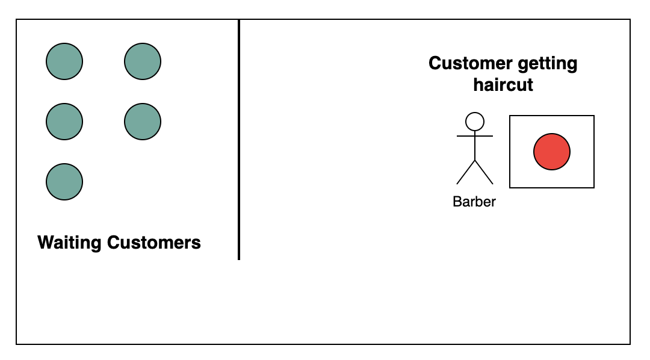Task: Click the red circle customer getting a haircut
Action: [x=551, y=151]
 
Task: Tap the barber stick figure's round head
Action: [x=475, y=122]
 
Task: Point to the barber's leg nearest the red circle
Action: [x=484, y=173]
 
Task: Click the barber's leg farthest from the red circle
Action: [x=465, y=173]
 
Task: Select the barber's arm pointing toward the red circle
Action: [x=484, y=136]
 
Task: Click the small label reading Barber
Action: [x=474, y=202]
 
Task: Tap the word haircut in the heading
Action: [x=503, y=84]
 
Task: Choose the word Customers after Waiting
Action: [x=154, y=243]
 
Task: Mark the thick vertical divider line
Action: [x=239, y=138]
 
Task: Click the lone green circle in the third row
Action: [x=64, y=181]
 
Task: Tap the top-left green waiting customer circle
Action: [x=64, y=61]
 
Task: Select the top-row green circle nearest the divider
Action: [x=143, y=61]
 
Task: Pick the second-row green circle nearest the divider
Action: [x=143, y=121]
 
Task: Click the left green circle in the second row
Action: [x=64, y=121]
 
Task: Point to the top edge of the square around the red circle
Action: [x=552, y=116]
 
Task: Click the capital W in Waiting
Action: [x=45, y=243]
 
